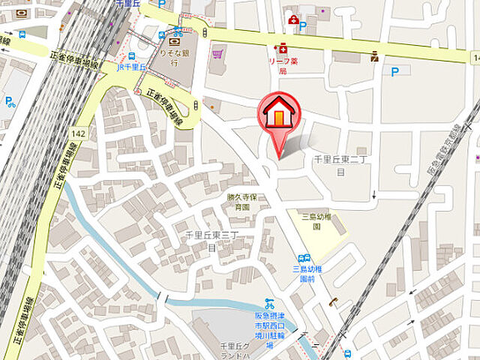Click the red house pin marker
279,116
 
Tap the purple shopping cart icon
218,54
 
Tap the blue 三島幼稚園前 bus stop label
307,273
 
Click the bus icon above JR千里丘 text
132,55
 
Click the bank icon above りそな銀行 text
174,43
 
